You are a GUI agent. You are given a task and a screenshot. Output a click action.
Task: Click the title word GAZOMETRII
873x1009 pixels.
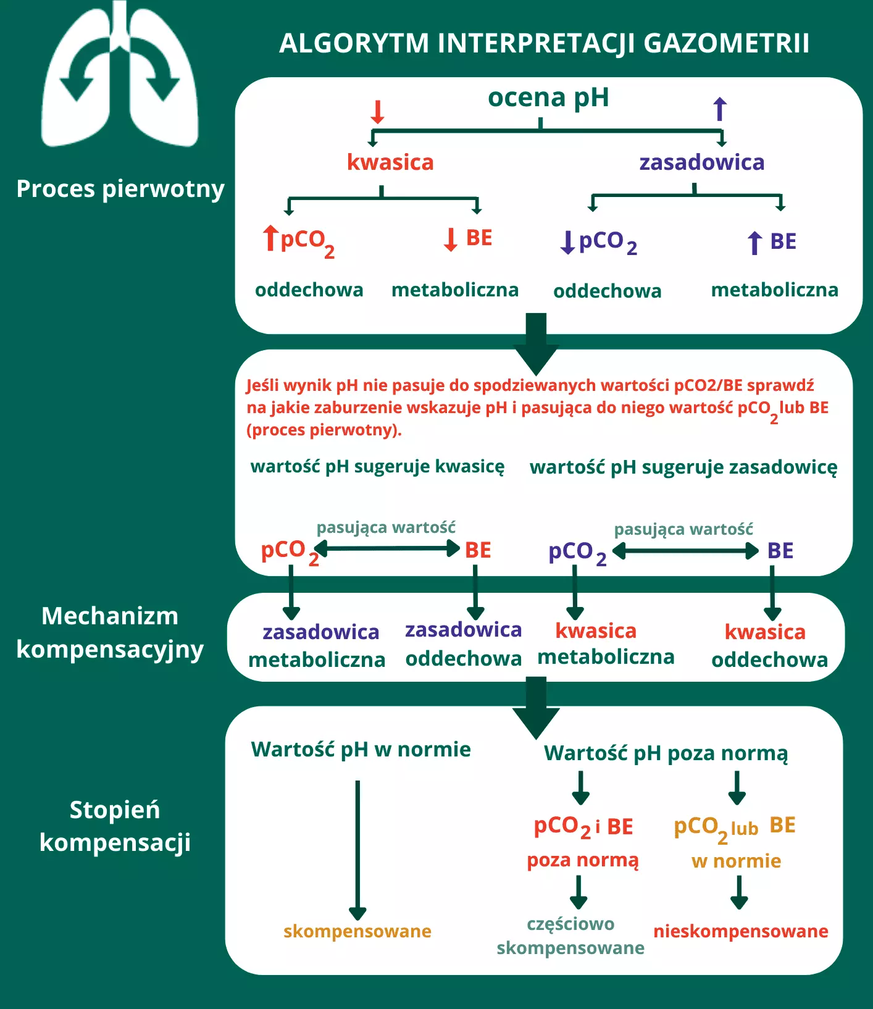click(726, 43)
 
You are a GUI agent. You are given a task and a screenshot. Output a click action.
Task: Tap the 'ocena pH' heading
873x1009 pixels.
click(548, 98)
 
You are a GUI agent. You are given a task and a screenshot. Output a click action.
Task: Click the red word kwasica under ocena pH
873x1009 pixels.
click(390, 162)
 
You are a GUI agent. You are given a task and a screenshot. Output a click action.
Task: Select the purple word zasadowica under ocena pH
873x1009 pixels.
click(702, 162)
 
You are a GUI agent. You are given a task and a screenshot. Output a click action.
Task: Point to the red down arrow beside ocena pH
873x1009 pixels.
click(377, 112)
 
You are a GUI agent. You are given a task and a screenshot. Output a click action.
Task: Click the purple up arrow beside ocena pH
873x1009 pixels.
click(720, 109)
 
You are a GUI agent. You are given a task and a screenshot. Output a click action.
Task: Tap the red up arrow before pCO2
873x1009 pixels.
click(270, 238)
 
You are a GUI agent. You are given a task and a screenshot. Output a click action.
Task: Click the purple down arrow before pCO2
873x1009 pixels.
click(567, 243)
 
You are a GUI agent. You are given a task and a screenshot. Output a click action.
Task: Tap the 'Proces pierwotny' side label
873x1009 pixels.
click(120, 189)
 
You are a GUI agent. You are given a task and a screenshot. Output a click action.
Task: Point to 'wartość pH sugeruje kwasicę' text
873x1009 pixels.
click(377, 466)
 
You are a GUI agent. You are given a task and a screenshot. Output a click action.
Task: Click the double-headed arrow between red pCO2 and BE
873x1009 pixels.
click(387, 548)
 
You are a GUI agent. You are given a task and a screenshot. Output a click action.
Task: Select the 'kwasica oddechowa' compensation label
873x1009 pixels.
click(769, 646)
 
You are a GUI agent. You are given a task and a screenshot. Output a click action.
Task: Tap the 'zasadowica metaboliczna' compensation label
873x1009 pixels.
click(317, 646)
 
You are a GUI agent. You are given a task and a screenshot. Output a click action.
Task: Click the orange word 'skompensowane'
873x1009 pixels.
click(357, 931)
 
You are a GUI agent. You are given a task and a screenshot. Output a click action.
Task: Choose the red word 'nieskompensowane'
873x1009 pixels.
click(741, 931)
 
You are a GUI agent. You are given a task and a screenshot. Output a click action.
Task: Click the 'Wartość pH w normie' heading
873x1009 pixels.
click(361, 750)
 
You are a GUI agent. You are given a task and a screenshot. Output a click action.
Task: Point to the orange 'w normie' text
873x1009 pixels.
click(736, 861)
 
